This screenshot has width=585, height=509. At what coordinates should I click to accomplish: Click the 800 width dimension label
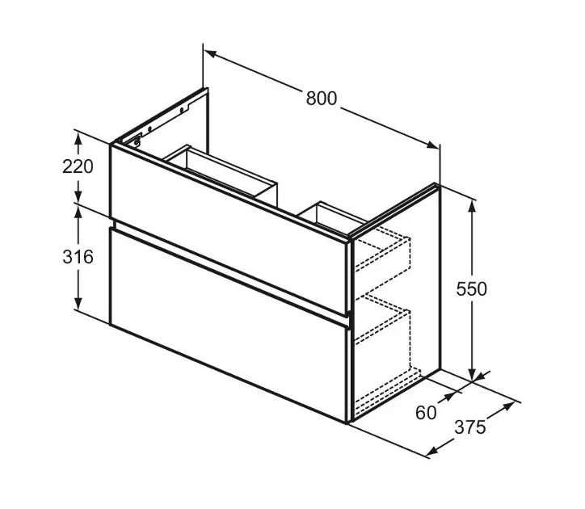pos(322,99)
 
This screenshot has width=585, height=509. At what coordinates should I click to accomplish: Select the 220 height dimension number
pos(78,166)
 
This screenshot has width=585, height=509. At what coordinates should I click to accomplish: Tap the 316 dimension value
pos(78,257)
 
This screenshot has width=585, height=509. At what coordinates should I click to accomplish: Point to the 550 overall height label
pos(472,288)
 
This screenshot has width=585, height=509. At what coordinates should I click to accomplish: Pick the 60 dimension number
pos(426,413)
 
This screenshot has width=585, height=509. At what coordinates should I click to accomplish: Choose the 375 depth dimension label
pos(470,427)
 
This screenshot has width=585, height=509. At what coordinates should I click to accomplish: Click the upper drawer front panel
pos(230,229)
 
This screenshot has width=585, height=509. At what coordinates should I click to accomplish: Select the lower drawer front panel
pos(229,325)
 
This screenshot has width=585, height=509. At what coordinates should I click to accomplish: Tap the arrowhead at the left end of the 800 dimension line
pos(211,54)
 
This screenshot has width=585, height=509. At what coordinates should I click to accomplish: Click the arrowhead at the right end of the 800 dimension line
pos(433,145)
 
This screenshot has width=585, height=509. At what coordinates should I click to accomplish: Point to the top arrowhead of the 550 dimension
pos(472,206)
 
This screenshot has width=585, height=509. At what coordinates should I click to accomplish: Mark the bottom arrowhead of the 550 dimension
pos(472,374)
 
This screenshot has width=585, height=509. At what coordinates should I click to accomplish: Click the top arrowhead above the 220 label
pos(78,139)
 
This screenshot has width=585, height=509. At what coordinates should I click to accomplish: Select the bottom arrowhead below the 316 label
pos(78,303)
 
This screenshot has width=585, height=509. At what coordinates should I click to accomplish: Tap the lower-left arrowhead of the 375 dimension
pos(432,452)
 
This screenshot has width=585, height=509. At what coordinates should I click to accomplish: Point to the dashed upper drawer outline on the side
pos(381,250)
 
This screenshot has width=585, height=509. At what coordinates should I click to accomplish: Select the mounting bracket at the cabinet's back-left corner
pos(137,141)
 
